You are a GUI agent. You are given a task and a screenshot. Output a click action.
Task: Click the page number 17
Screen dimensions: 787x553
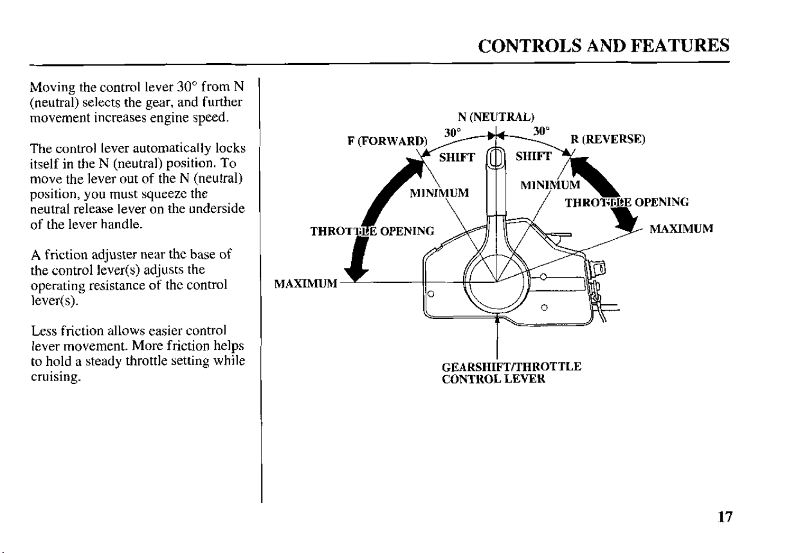click(725, 517)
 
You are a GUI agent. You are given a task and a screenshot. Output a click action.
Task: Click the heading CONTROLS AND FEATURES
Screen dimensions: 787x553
click(604, 46)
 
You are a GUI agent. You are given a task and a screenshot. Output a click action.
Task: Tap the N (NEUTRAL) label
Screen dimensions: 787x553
click(496, 117)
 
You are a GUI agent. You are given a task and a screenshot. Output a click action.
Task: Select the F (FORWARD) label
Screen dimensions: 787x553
click(387, 141)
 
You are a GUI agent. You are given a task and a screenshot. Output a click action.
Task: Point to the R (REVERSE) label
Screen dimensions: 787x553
click(608, 139)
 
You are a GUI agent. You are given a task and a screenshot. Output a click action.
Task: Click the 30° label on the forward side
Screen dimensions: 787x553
click(452, 133)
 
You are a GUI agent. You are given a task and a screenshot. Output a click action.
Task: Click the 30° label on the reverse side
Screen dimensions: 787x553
click(541, 131)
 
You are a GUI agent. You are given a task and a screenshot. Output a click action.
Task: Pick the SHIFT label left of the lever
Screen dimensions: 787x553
click(457, 157)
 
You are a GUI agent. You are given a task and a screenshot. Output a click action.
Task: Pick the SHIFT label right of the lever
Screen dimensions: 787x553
click(534, 156)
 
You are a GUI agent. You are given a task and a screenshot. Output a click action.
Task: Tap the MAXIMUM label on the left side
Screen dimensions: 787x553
click(305, 284)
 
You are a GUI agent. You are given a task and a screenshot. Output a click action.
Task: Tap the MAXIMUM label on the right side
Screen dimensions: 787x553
click(681, 229)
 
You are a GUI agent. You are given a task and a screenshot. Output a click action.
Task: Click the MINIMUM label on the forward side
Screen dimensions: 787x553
click(439, 193)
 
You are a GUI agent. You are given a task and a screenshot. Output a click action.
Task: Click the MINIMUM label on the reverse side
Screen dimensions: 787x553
click(550, 185)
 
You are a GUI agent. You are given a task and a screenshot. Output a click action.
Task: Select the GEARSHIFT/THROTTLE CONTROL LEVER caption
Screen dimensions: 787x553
click(512, 373)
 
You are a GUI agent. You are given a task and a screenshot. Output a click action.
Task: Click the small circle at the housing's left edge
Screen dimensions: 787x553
click(432, 293)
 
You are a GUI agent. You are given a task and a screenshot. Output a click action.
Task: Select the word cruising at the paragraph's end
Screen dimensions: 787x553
click(57, 377)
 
